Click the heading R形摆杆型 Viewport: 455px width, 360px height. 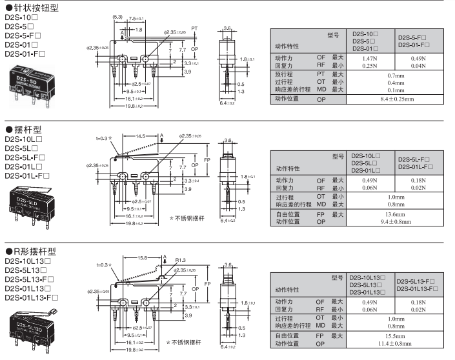point(35,252)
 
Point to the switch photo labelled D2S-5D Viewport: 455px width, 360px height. point(29,84)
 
